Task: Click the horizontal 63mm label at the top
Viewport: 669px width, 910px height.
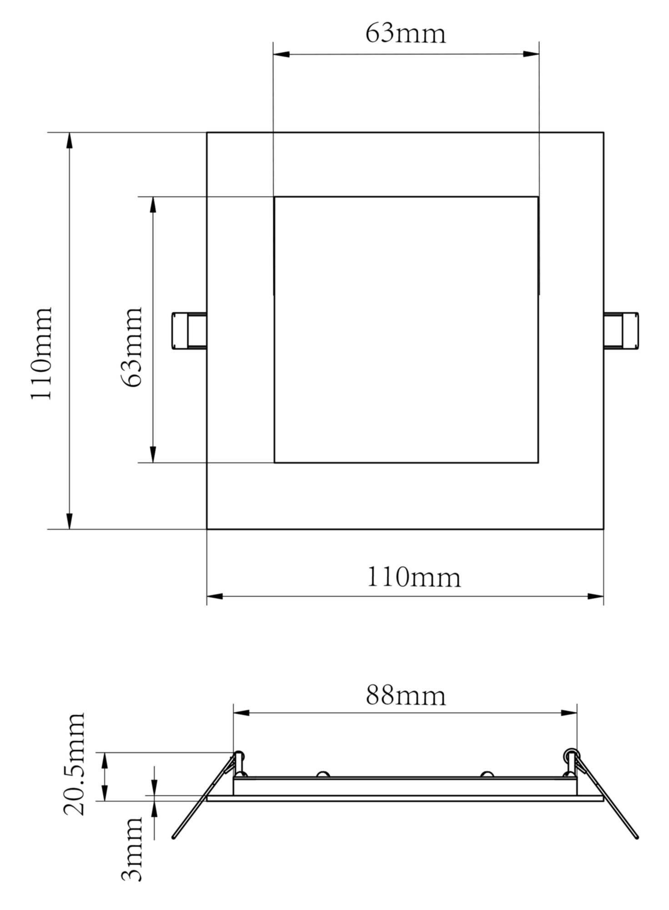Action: (405, 33)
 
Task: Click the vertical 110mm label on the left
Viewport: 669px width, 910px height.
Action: (41, 354)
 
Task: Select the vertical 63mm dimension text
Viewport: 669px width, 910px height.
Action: (132, 347)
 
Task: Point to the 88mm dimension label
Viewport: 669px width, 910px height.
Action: (405, 696)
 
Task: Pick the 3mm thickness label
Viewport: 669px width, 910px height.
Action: (132, 849)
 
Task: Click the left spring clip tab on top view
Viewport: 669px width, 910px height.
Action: (188, 331)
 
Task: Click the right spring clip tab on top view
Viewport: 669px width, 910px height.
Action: (622, 331)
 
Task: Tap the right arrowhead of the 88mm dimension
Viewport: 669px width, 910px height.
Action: (569, 713)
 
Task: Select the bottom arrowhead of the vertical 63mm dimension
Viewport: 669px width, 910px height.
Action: (153, 454)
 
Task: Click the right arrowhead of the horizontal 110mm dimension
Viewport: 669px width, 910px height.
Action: (595, 596)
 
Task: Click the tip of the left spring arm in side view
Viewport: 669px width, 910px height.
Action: (174, 836)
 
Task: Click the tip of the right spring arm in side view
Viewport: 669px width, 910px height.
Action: (637, 836)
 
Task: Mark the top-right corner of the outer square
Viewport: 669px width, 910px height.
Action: (604, 132)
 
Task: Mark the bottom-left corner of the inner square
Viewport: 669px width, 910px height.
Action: (274, 463)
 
